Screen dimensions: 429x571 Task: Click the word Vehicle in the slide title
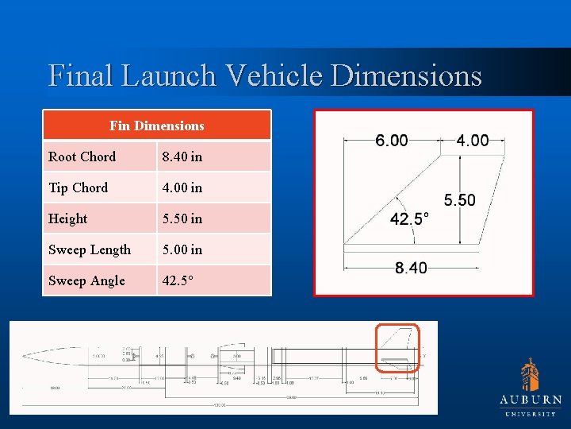pyautogui.click(x=273, y=75)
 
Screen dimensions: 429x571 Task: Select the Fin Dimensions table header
pyautogui.click(x=157, y=126)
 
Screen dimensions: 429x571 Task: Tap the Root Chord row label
pyautogui.click(x=82, y=157)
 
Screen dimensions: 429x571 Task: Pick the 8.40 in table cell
pyautogui.click(x=182, y=157)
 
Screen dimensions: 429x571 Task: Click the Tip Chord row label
pyautogui.click(x=78, y=187)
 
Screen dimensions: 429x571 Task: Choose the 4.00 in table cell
pyautogui.click(x=182, y=187)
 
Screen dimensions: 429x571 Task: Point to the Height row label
pyautogui.click(x=67, y=218)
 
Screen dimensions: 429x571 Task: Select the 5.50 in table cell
pyautogui.click(x=182, y=218)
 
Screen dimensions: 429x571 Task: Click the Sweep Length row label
pyautogui.click(x=90, y=249)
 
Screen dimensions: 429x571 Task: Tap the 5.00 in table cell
pyautogui.click(x=182, y=249)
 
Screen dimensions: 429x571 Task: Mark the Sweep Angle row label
pyautogui.click(x=86, y=280)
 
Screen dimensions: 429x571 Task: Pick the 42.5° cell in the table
pyautogui.click(x=177, y=280)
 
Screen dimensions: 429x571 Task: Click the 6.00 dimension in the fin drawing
pyautogui.click(x=392, y=141)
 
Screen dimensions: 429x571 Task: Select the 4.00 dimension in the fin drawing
pyautogui.click(x=473, y=141)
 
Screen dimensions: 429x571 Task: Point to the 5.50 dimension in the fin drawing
pyautogui.click(x=460, y=200)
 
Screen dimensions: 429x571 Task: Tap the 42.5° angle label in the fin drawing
pyautogui.click(x=410, y=218)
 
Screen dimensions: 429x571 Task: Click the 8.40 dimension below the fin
pyautogui.click(x=411, y=268)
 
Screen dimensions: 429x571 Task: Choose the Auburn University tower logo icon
pyautogui.click(x=530, y=374)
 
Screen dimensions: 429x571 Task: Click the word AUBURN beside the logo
pyautogui.click(x=531, y=400)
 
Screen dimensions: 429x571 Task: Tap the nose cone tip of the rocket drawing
pyautogui.click(x=24, y=355)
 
